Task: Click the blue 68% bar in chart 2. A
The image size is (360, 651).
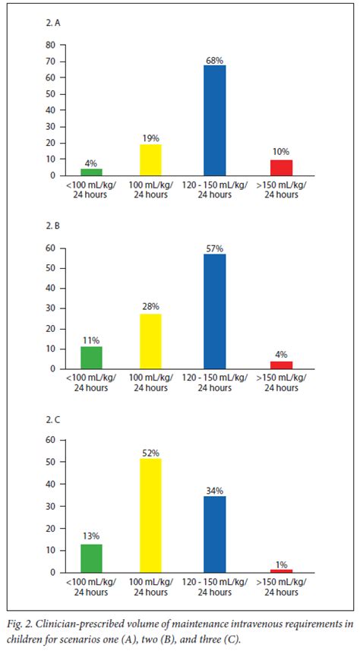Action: [214, 120]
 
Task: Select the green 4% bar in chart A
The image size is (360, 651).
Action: [91, 172]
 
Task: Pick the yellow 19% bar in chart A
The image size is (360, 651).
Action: [151, 160]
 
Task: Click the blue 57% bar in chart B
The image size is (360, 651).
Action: [214, 311]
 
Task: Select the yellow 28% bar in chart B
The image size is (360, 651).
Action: [151, 341]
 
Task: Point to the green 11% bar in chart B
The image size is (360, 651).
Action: [91, 358]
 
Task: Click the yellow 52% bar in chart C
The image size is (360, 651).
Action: [151, 515]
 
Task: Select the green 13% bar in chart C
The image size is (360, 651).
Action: [91, 558]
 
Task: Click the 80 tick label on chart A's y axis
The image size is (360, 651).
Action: [50, 45]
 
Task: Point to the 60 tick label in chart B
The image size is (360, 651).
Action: [50, 248]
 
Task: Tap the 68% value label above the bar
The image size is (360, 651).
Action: [214, 59]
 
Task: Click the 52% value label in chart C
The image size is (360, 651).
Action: [151, 452]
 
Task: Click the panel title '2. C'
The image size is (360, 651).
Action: [54, 419]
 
